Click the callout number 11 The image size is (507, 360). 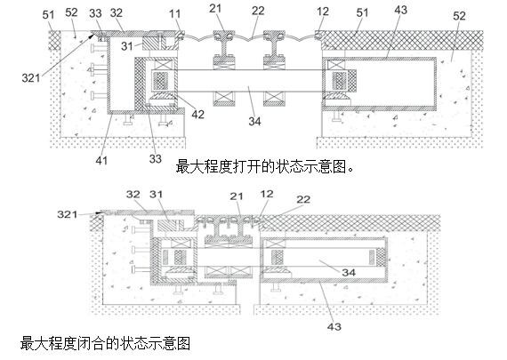tap(174, 14)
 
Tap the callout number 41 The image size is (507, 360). tap(101, 160)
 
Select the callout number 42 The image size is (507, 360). tap(197, 115)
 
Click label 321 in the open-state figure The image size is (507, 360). tap(31, 78)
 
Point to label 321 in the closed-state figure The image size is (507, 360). tap(68, 214)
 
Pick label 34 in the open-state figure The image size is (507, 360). tap(254, 121)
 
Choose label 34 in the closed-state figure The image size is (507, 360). tap(349, 272)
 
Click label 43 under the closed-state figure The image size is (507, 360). tap(334, 327)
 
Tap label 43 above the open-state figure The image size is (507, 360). tap(401, 10)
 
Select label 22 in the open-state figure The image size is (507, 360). tap(258, 11)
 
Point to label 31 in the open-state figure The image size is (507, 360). tap(127, 46)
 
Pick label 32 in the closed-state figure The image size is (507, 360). tap(133, 195)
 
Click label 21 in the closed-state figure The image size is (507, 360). tap(237, 196)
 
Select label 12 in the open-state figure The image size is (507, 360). tap(323, 12)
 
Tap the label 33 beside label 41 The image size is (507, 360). tap(155, 159)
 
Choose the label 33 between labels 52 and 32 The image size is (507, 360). tap(95, 13)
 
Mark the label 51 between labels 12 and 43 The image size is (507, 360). tap(363, 12)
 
